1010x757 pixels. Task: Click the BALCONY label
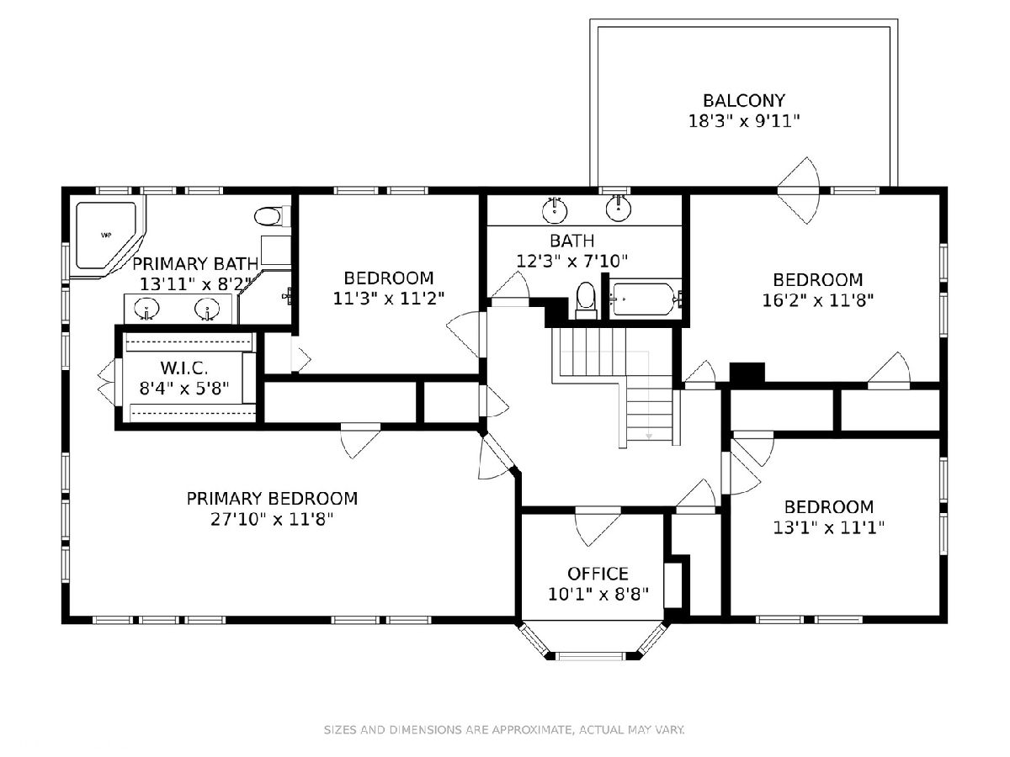tap(743, 100)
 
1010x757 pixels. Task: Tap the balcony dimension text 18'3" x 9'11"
tap(743, 121)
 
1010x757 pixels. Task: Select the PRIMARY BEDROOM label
tap(272, 499)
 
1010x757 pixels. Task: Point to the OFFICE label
tap(598, 574)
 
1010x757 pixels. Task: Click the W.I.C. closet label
tap(184, 368)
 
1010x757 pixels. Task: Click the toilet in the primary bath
tap(273, 216)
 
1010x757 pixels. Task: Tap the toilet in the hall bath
tap(586, 300)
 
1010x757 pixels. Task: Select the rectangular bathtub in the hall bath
tap(645, 299)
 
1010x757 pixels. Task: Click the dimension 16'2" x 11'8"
tap(817, 300)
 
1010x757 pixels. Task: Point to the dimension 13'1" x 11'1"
tap(829, 527)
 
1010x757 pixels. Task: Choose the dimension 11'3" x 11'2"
tap(388, 299)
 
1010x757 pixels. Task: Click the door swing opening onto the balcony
tap(799, 190)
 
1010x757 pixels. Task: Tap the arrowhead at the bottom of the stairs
tap(649, 436)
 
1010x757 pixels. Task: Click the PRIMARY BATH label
tap(195, 264)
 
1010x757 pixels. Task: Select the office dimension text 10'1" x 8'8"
tap(598, 595)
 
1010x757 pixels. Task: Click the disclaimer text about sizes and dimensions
tap(504, 729)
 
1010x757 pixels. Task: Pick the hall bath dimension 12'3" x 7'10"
tap(572, 261)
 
